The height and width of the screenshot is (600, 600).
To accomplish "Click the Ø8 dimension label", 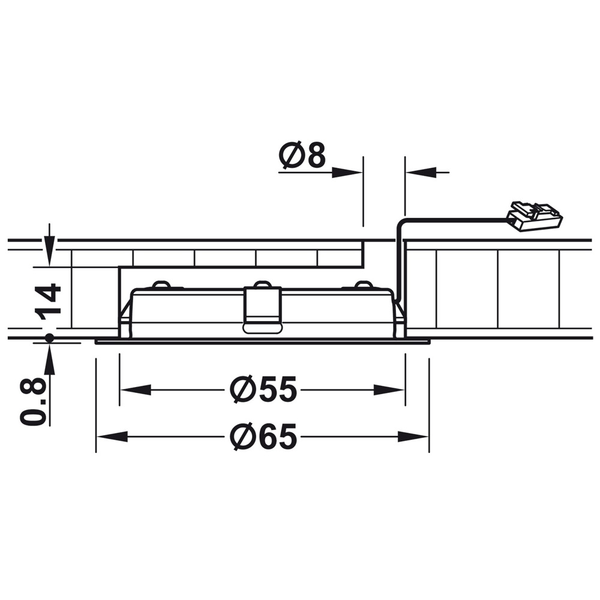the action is tap(302, 155).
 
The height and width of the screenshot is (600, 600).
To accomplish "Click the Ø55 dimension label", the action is tap(263, 389).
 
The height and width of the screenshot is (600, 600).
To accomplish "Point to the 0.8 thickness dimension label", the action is tap(33, 401).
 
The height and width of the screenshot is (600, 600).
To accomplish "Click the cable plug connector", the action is tap(535, 217).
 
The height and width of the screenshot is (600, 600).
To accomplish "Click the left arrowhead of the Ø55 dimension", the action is tap(136, 390).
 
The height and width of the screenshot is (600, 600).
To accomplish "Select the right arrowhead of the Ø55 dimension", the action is tap(389, 390).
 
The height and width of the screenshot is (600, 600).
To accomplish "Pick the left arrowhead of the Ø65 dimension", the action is tap(112, 437).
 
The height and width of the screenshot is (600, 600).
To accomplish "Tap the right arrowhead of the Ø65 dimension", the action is tap(413, 437).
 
